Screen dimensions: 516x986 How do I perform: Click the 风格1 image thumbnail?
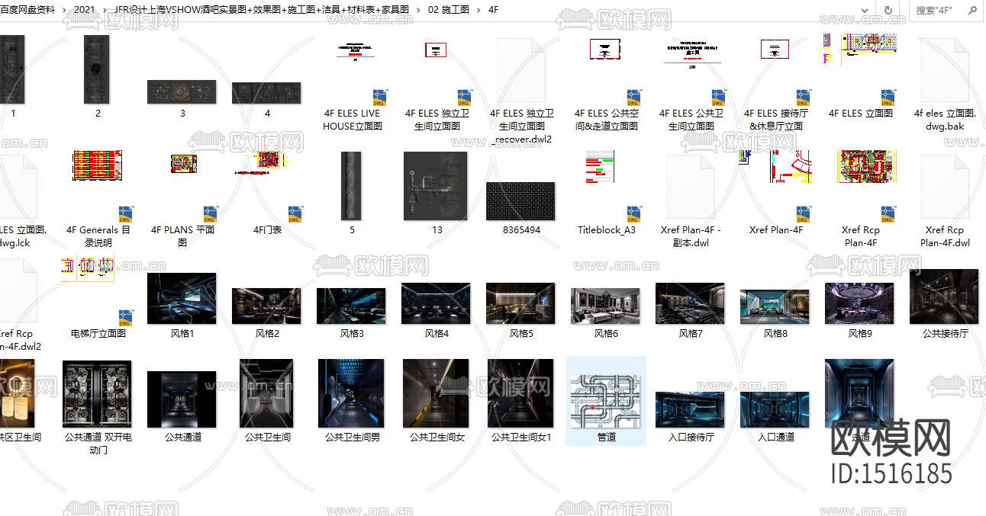(182, 300)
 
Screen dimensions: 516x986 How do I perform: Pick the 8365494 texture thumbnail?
(521, 201)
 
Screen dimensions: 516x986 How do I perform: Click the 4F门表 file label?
(267, 229)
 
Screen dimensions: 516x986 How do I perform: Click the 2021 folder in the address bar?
(85, 10)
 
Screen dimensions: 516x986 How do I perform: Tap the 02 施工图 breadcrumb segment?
(449, 10)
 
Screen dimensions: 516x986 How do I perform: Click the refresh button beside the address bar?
(888, 10)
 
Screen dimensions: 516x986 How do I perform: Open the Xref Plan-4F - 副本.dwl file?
(691, 187)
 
